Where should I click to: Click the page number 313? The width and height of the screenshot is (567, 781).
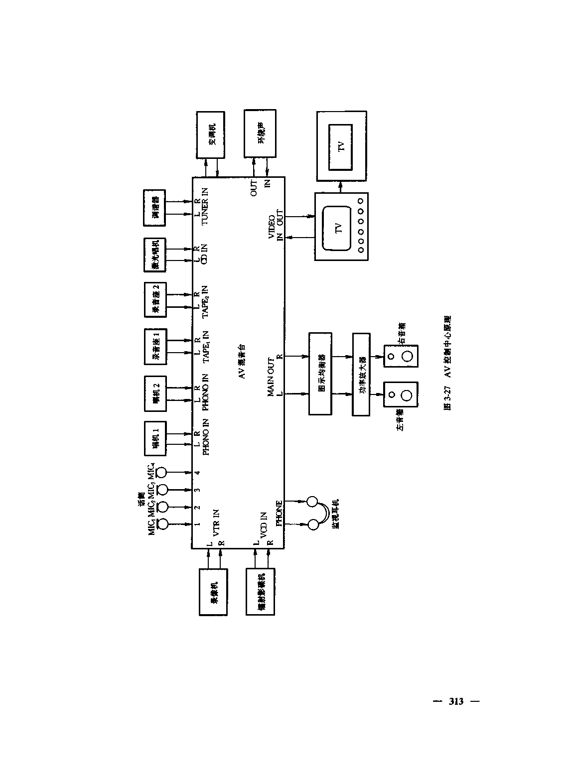pyautogui.click(x=456, y=701)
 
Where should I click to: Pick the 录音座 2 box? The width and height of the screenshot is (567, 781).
pyautogui.click(x=156, y=300)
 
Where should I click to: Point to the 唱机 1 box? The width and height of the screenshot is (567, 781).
pyautogui.click(x=156, y=438)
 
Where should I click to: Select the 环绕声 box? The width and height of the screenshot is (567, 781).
pyautogui.click(x=260, y=133)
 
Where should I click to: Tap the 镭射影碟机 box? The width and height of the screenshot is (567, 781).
pyautogui.click(x=260, y=592)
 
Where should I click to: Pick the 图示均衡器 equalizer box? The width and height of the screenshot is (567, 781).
pyautogui.click(x=320, y=375)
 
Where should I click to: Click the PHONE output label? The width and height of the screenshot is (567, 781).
pyautogui.click(x=279, y=514)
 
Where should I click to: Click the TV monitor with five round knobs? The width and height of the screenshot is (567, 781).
pyautogui.click(x=341, y=226)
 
